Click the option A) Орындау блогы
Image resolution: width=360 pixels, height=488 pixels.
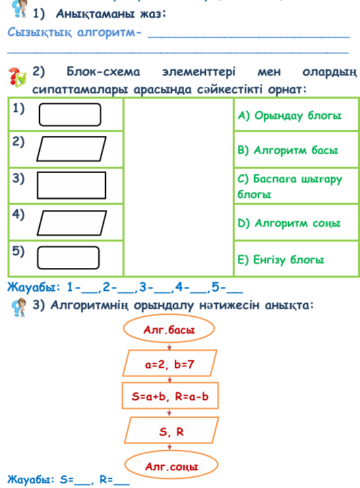pyautogui.click(x=289, y=116)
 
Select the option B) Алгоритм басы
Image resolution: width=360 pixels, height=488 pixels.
pyautogui.click(x=287, y=150)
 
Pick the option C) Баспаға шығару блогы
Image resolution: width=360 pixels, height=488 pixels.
pyautogui.click(x=289, y=186)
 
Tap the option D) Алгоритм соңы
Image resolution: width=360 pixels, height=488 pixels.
pyautogui.click(x=289, y=223)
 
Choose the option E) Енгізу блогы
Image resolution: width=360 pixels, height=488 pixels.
pyautogui.click(x=280, y=259)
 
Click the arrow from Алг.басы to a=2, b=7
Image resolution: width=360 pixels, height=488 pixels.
pyautogui.click(x=169, y=346)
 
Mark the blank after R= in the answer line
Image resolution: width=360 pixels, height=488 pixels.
pyautogui.click(x=122, y=484)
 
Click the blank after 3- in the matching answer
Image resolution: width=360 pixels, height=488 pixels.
pyautogui.click(x=162, y=292)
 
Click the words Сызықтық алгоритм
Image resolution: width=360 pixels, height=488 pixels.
pyautogui.click(x=71, y=33)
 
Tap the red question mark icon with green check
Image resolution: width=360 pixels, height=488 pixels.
pyautogui.click(x=17, y=77)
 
